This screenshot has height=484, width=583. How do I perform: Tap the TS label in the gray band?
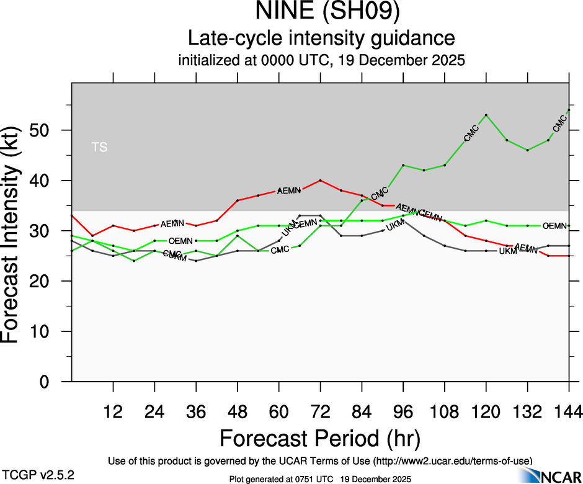coord(99,147)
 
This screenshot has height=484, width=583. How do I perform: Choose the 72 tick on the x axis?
coord(320,411)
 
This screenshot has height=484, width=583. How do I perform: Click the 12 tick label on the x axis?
coord(113,411)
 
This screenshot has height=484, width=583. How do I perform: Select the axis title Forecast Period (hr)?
coord(320,439)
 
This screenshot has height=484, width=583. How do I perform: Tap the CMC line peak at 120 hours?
coord(486,115)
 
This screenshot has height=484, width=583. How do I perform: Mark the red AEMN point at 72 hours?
coord(320,180)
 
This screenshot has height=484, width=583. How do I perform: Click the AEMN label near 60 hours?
coord(289,190)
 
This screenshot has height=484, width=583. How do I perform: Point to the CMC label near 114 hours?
coord(471,133)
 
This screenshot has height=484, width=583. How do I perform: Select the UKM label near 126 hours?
coord(508,251)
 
